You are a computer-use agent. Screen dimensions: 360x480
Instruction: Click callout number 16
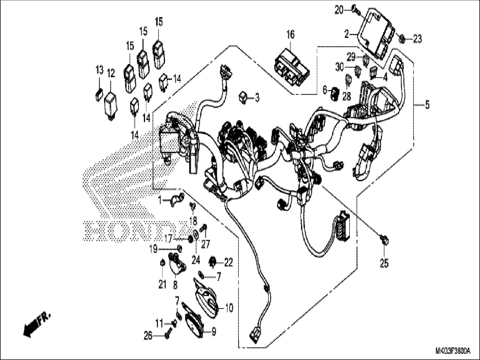(x=291, y=35)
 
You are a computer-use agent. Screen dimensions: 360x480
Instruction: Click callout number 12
(x=111, y=74)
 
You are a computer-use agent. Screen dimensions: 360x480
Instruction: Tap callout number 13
(x=100, y=70)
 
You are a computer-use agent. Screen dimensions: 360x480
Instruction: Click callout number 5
(x=427, y=105)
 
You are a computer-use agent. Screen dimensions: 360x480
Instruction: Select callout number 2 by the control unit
(x=347, y=35)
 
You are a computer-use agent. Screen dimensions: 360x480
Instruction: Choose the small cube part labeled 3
(x=243, y=97)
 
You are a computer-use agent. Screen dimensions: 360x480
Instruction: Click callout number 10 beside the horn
(x=229, y=308)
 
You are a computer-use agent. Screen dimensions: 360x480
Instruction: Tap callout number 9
(x=214, y=332)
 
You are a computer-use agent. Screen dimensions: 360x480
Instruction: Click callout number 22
(x=229, y=263)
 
